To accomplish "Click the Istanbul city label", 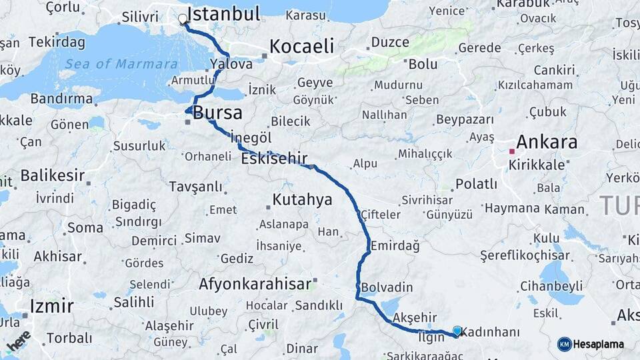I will (x=223, y=14).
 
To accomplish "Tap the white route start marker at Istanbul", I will (x=183, y=20).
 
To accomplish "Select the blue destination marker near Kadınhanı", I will (x=457, y=330).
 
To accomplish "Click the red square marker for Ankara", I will (x=512, y=151).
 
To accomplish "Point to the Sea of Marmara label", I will (x=113, y=64).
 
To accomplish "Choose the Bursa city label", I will (x=217, y=113).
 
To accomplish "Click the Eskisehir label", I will (x=274, y=159).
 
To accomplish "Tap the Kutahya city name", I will (x=302, y=199).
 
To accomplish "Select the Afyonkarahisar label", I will (x=255, y=284).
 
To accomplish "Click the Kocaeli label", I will (x=301, y=46).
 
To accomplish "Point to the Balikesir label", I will (x=52, y=176).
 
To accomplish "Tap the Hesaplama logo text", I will (x=598, y=345).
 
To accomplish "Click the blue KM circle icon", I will (x=564, y=344).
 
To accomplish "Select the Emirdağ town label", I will (x=395, y=245).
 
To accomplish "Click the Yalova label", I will (x=231, y=65).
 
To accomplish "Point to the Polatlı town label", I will (x=476, y=184).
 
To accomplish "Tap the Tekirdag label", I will (x=57, y=43).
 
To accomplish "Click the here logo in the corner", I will (x=18, y=340).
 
